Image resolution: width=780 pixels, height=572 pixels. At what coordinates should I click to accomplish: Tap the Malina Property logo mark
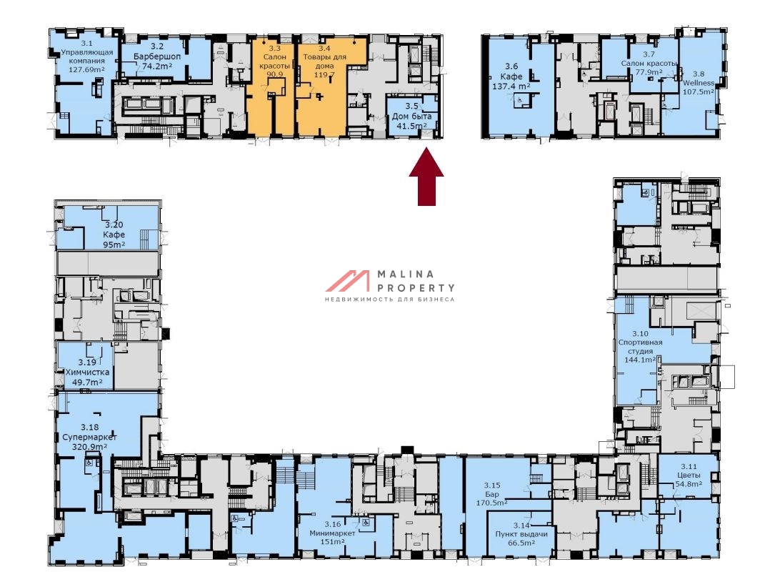point(348,281)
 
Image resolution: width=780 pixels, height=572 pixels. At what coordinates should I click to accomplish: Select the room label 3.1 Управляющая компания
point(86,56)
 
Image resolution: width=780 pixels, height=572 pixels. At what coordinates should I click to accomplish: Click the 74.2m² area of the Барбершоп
point(157,66)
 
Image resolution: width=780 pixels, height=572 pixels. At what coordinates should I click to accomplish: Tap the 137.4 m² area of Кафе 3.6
point(511,86)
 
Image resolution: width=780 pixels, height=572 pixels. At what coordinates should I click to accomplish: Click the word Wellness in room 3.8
point(699,83)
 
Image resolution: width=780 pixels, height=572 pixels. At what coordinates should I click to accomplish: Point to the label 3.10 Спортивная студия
point(640,347)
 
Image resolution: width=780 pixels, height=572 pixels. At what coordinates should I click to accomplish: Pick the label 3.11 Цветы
point(689,475)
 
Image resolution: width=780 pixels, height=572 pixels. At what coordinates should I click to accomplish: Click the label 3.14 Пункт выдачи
point(521,534)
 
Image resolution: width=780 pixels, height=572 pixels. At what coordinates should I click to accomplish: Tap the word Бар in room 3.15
point(492,494)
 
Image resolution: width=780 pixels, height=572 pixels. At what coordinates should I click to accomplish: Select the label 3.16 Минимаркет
point(332,533)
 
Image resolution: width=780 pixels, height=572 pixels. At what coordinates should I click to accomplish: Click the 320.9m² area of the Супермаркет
point(89,447)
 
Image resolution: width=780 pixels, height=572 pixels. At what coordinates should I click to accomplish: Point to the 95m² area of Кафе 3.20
point(114,245)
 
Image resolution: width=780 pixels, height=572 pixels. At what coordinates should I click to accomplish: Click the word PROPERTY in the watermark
point(416,287)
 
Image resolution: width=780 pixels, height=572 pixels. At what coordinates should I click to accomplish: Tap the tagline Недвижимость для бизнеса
point(389,299)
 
